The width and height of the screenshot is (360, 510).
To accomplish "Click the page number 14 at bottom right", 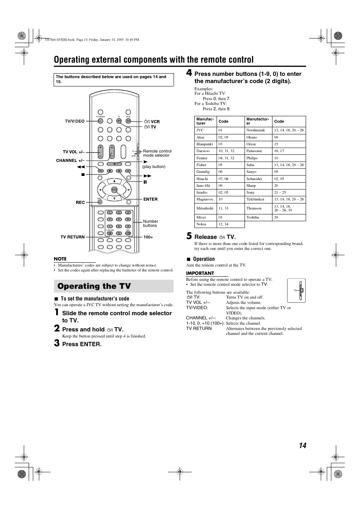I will click(302, 445).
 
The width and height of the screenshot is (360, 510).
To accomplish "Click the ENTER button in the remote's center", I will click(114, 190).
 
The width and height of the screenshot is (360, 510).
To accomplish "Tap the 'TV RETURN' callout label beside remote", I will click(72, 237).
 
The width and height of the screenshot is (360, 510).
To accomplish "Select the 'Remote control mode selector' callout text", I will click(157, 153).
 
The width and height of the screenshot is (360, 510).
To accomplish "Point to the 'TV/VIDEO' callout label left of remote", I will click(75, 121).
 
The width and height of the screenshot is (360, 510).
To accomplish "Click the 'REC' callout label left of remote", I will click(80, 202).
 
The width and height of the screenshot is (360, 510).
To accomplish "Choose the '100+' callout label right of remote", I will click(148, 237).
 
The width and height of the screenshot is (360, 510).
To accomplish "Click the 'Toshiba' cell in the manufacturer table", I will click(252, 217).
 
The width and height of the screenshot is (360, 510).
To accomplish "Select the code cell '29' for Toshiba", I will click(276, 217).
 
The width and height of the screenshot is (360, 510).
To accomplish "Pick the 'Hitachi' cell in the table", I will click(202, 179).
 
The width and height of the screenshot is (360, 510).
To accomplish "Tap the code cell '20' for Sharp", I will click(276, 186).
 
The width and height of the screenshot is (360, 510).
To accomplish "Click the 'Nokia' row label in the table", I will click(201, 224).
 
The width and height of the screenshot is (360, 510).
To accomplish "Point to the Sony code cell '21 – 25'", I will click(280, 193).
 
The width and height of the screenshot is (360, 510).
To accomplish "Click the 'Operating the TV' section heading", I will click(94, 286).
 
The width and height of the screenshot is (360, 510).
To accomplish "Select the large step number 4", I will click(189, 73).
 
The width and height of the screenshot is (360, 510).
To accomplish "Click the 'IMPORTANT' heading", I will click(200, 273).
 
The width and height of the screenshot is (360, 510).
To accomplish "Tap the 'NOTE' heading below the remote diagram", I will click(60, 259).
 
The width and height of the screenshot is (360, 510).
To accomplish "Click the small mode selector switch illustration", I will click(297, 290).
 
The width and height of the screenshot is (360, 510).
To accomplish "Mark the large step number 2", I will click(57, 328).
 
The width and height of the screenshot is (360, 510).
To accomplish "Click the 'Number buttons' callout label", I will click(150, 223).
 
